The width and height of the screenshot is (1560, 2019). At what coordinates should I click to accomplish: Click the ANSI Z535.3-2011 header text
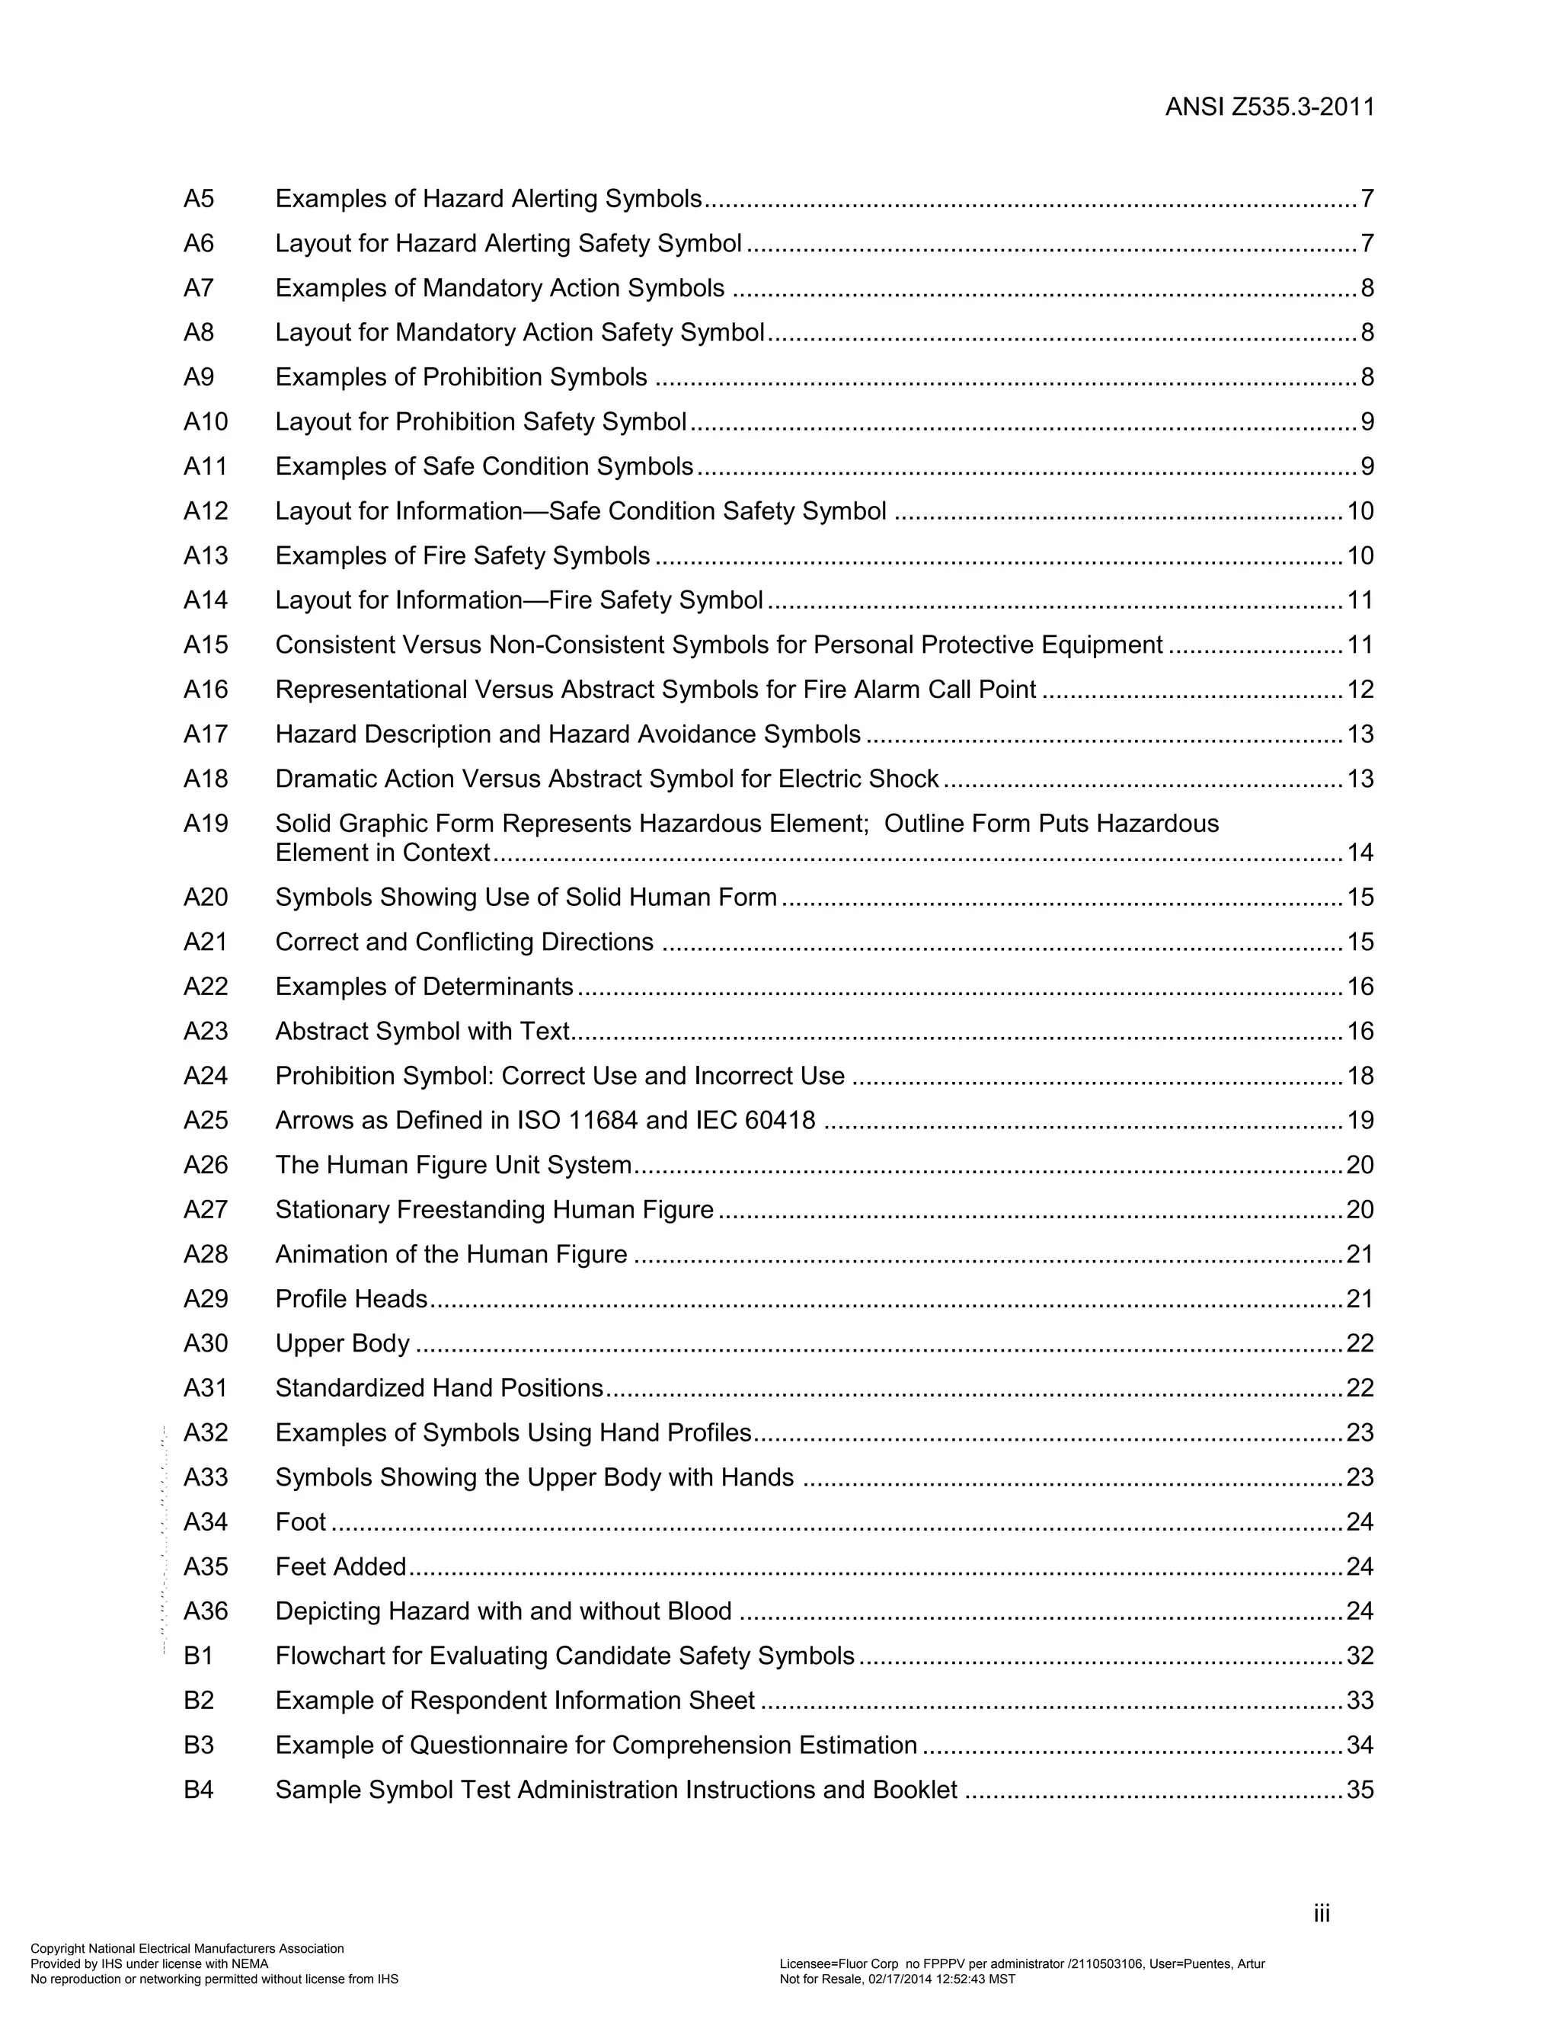click(1269, 107)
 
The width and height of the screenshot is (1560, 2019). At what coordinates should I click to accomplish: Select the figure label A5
click(199, 199)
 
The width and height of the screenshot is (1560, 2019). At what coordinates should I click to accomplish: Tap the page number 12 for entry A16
click(1360, 690)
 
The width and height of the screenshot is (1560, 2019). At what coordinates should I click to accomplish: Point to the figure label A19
click(205, 824)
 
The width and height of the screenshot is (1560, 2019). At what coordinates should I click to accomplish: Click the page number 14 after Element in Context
click(1360, 853)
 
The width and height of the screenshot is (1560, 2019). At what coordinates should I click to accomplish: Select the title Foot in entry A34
click(300, 1522)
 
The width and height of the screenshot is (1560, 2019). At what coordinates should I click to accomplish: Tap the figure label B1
click(199, 1656)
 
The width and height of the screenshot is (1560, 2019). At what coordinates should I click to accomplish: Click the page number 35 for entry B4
click(1360, 1790)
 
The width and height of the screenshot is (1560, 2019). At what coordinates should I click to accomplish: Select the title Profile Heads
click(351, 1299)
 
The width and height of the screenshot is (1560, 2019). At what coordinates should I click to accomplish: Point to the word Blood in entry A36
click(698, 1611)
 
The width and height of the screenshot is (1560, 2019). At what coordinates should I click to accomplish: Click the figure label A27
click(205, 1210)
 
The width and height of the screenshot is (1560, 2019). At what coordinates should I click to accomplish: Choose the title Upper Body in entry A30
click(342, 1344)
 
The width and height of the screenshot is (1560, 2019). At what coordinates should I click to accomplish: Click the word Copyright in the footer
click(57, 1949)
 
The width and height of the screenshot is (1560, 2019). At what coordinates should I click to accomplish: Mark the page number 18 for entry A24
click(1360, 1076)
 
